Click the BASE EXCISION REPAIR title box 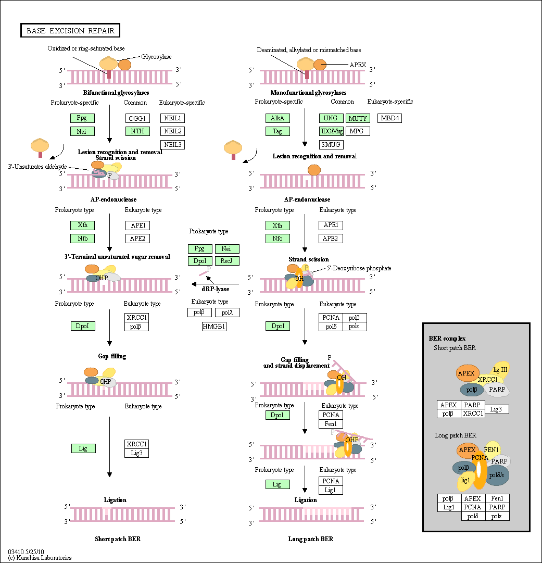70,31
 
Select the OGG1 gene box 137,118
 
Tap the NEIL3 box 172,144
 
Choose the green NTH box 137,131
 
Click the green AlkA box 278,118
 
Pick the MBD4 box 389,118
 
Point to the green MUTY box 358,118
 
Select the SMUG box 331,144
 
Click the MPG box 358,131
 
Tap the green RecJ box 227,260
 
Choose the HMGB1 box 215,327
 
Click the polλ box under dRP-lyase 227,312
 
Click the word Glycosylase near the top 156,57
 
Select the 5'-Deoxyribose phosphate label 359,268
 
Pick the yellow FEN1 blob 492,449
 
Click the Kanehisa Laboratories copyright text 40,557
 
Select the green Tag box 278,131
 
